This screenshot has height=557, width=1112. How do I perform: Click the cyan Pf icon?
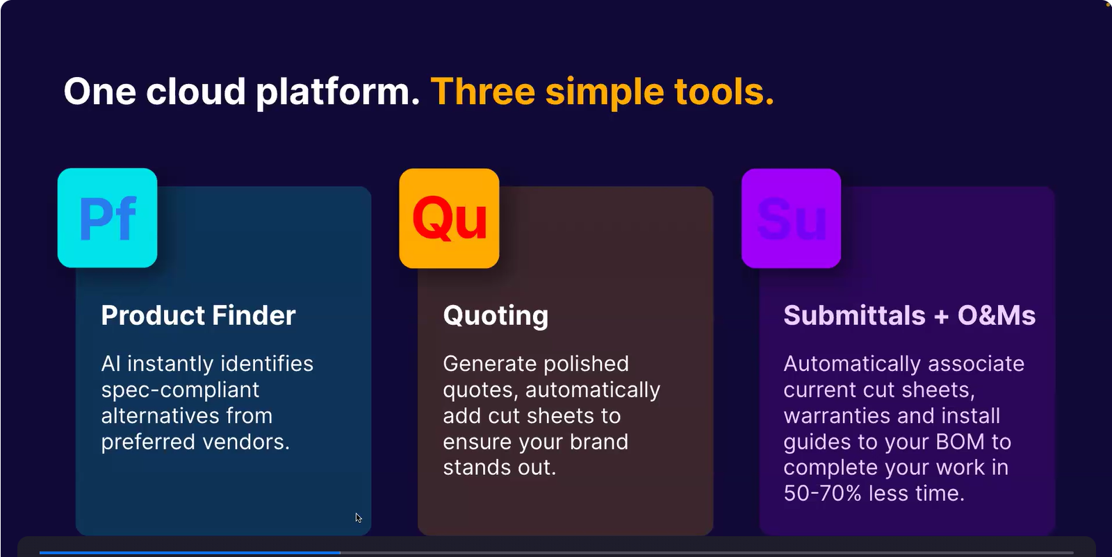tap(107, 218)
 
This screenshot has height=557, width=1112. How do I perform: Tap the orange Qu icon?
tap(449, 218)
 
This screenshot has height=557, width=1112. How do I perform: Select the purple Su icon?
tap(792, 218)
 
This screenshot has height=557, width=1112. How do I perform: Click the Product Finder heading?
tap(198, 315)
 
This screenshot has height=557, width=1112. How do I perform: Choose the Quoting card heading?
tap(496, 316)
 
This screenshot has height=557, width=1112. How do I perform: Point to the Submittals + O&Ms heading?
tap(910, 315)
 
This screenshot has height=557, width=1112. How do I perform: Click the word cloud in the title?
tap(195, 92)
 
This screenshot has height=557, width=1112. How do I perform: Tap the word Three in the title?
tap(482, 92)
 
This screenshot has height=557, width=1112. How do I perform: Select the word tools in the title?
tap(723, 92)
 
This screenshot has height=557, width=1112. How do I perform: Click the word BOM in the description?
tap(960, 442)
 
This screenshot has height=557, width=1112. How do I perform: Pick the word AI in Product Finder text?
tap(111, 363)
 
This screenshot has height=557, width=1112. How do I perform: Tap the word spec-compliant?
tap(180, 390)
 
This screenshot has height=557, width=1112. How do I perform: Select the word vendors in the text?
tap(252, 442)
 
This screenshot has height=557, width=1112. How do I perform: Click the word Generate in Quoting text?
tap(489, 363)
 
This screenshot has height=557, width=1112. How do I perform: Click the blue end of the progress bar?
tap(340, 553)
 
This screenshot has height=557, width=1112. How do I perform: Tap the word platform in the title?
tap(338, 93)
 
